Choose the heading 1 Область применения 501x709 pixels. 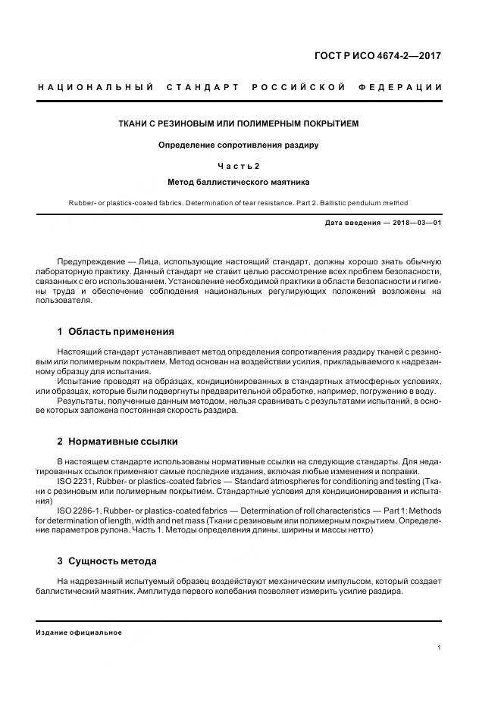(x=115, y=332)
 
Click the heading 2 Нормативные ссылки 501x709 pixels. (x=117, y=442)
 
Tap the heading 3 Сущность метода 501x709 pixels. (x=107, y=561)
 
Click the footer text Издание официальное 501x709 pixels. (x=79, y=632)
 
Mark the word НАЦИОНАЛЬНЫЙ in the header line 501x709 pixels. (x=90, y=88)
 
